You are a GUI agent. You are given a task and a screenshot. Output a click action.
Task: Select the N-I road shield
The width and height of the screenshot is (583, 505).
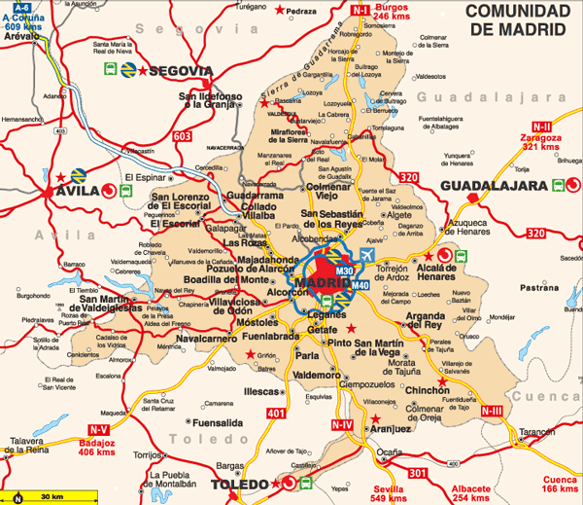pos(360,10)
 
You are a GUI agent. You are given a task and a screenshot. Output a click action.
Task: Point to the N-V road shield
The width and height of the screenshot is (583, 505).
pos(98,429)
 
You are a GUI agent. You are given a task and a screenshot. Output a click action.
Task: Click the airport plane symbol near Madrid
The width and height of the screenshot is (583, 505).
pos(366,255)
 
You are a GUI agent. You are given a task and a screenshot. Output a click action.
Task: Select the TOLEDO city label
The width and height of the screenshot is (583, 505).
pos(239,485)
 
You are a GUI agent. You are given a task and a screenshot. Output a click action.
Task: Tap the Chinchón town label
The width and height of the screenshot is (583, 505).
pos(427,389)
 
